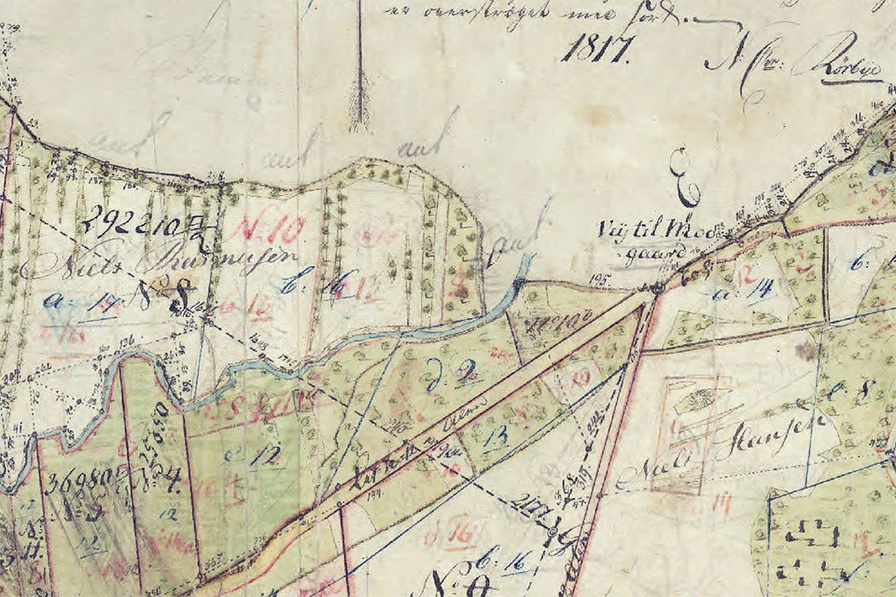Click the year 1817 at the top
tap(595, 46)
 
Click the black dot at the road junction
tap(656, 289)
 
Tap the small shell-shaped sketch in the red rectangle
tap(693, 402)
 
